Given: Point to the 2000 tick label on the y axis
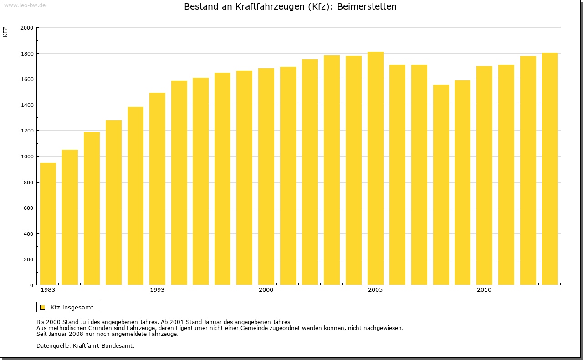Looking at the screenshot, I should coord(27,28).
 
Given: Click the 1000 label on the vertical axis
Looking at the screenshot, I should coord(27,157).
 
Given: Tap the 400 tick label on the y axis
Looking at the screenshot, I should coord(29,234).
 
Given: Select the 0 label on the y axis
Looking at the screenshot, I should coord(31,285).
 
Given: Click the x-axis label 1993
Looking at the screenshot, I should coord(157,290).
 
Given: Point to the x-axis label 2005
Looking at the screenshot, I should coord(375,290).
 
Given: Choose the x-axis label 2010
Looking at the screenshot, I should coord(484,290).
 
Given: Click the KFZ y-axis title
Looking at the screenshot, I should coord(5,32).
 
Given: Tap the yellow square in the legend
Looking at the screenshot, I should coord(43,307).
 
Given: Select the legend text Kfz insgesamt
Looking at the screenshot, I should coord(72,307).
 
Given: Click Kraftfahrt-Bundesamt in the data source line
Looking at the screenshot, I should coord(103,345).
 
